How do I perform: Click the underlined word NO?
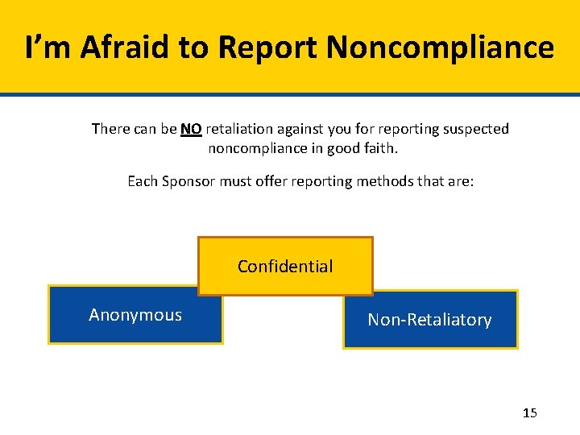(191, 129)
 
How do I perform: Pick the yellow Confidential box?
(285, 267)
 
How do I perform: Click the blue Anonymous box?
(135, 315)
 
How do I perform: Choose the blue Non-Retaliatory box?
(430, 320)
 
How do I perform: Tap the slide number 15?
(529, 413)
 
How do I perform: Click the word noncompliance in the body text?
(255, 149)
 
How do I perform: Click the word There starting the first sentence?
(111, 129)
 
